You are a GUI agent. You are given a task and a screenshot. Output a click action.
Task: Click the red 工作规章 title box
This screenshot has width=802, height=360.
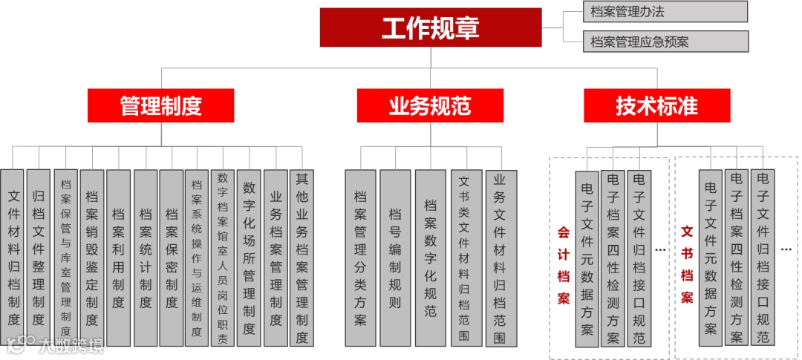[430, 27]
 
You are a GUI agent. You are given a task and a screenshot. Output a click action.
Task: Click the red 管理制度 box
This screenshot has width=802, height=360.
[160, 105]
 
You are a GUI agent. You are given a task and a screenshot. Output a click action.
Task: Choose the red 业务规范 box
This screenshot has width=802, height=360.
[430, 105]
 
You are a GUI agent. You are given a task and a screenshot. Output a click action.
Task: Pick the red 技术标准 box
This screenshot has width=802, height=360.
[656, 105]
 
